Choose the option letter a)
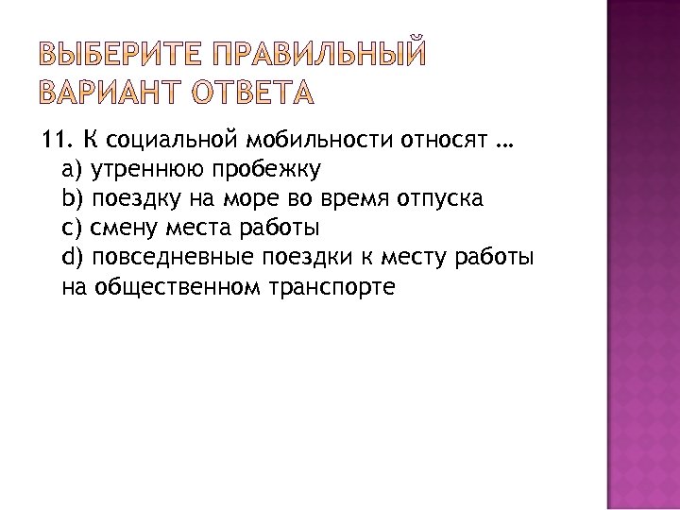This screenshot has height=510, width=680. click(x=73, y=170)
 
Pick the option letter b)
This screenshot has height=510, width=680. click(x=73, y=198)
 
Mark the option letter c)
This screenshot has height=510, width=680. click(x=72, y=228)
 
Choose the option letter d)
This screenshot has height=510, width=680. click(x=73, y=256)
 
